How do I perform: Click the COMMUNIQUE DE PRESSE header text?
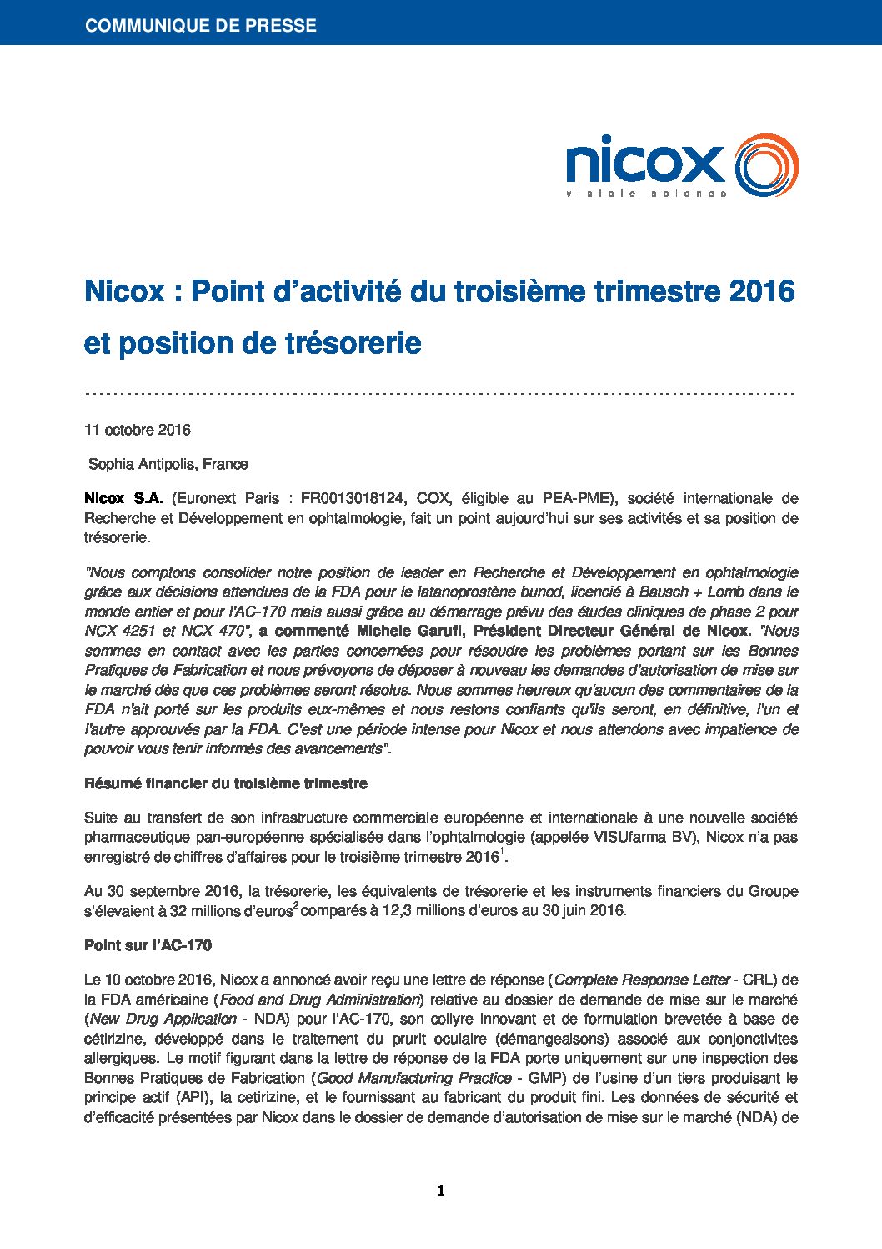tap(200, 25)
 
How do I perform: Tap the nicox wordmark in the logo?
tap(645, 163)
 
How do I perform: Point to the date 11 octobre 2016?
tap(138, 430)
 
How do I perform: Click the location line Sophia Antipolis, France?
tap(168, 464)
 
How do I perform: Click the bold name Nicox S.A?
tap(123, 498)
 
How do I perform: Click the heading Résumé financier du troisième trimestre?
tap(225, 783)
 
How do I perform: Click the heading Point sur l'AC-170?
tap(148, 945)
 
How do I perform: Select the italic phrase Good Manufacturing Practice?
tap(414, 1078)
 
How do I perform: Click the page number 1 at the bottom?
tap(440, 1191)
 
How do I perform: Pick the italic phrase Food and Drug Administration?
tap(320, 1000)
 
